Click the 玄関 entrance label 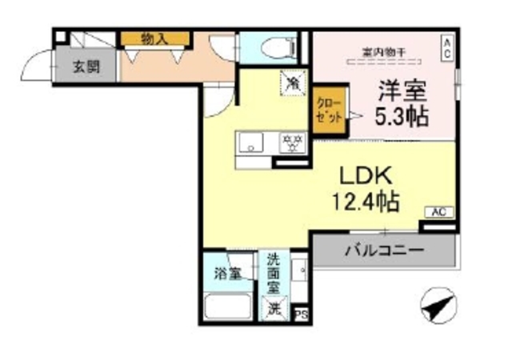pos(87,66)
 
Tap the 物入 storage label pos(154,37)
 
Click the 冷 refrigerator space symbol pos(294,81)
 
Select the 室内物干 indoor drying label pos(383,52)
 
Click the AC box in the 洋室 pos(448,46)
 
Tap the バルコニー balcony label pos(384,250)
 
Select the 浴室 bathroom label pos(227,274)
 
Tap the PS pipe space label pos(302,314)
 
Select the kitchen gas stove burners pos(294,143)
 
